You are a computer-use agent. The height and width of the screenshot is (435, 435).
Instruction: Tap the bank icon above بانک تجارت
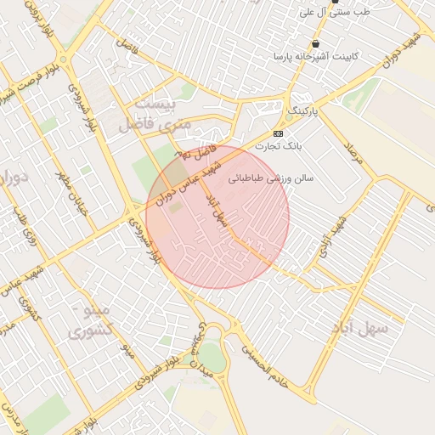278,134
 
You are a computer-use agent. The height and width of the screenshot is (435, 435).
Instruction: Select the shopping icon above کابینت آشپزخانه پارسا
316,43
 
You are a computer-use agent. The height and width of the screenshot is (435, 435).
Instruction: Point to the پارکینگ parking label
303,111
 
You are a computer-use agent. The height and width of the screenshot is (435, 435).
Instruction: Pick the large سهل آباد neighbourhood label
360,327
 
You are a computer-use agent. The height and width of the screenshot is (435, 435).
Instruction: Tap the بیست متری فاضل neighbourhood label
157,114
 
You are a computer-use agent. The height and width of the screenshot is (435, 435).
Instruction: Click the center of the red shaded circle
217,217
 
